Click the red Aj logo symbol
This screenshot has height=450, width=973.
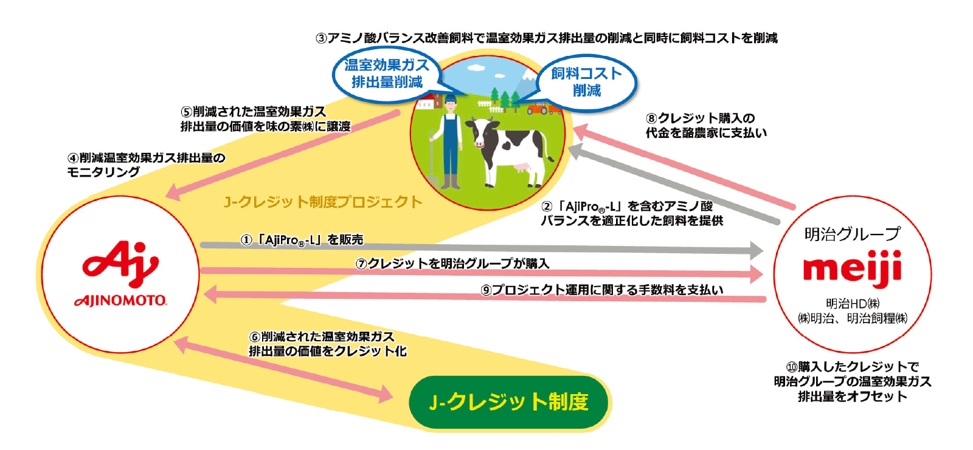point(121,264)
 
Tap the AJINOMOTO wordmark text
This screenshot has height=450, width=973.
point(120,301)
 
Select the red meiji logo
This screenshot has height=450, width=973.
point(852,268)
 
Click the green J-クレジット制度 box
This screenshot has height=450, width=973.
point(508,402)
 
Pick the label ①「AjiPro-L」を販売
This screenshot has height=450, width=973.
point(302,239)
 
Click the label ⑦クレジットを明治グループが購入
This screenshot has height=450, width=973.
point(452,264)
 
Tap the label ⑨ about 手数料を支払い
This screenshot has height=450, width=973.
point(601,290)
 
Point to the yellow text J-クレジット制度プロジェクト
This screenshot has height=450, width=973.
point(323,202)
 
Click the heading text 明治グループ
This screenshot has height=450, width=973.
point(852,234)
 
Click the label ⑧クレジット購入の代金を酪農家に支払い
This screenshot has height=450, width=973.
point(706,126)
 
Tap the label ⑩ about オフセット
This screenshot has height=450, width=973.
point(852,381)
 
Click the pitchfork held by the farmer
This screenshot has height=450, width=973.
point(432,160)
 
